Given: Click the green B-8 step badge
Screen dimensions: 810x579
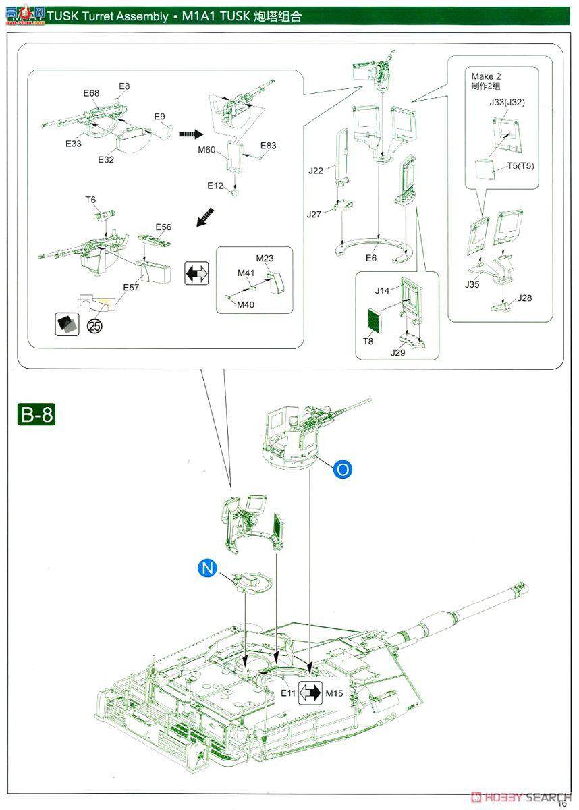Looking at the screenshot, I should tap(36, 414).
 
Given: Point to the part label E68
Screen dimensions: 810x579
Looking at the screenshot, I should tap(92, 92).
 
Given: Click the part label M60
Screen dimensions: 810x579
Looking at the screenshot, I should tap(206, 150).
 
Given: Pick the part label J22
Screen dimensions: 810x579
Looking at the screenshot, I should tap(316, 171).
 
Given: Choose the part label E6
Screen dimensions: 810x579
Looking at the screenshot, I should tap(371, 258).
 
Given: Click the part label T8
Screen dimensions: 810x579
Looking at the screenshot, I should tap(368, 341).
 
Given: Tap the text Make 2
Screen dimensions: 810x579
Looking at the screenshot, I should tap(486, 76).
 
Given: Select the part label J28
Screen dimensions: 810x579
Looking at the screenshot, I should tap(524, 298).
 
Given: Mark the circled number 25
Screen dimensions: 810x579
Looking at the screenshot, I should tap(94, 327).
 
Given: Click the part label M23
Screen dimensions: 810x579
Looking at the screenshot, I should tap(265, 259).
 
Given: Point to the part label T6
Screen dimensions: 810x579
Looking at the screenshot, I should tap(90, 200).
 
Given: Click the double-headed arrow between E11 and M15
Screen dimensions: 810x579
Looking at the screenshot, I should tap(311, 693).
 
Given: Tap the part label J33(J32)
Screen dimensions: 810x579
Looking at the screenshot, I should tap(507, 103).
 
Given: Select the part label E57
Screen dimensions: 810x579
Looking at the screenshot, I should tap(131, 288).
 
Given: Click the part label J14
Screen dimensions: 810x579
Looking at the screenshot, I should tap(383, 290).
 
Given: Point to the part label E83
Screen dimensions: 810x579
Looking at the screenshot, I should tap(268, 146).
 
